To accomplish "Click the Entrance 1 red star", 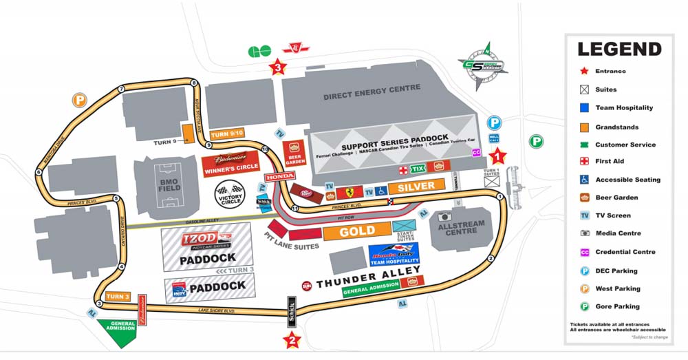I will pyautogui.click(x=498, y=157).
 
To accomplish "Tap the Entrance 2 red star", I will pyautogui.click(x=292, y=339).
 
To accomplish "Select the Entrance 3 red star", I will pyautogui.click(x=277, y=67).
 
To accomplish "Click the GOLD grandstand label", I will pyautogui.click(x=357, y=231).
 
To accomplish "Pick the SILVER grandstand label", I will pyautogui.click(x=416, y=186).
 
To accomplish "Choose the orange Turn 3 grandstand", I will pyautogui.click(x=118, y=297).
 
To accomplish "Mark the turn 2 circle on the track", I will pyautogui.click(x=491, y=259).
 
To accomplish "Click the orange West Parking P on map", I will pyautogui.click(x=80, y=100).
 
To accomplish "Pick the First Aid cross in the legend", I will pyautogui.click(x=584, y=162).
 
